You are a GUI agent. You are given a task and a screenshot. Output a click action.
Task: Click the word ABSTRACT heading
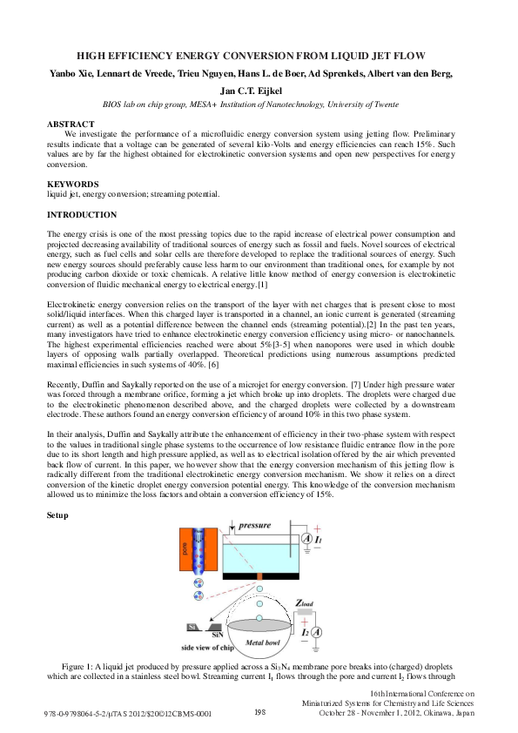tap(71, 124)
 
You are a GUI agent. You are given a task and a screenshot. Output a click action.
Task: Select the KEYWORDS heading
tap(72, 184)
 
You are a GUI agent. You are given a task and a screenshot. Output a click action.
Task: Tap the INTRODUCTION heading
tap(81, 214)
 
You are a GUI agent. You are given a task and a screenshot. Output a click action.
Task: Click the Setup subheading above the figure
tap(57, 516)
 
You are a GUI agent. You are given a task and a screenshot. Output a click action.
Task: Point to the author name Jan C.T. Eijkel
tap(258, 90)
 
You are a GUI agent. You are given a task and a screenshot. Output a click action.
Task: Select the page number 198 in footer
tap(259, 712)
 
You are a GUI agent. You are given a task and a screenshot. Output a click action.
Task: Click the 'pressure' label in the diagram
tap(260, 527)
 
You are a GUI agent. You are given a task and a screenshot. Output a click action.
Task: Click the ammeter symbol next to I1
tap(306, 540)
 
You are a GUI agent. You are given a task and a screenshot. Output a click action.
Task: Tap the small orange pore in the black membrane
tap(259, 576)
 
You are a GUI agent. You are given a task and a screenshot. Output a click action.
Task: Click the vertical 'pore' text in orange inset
tap(185, 550)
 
